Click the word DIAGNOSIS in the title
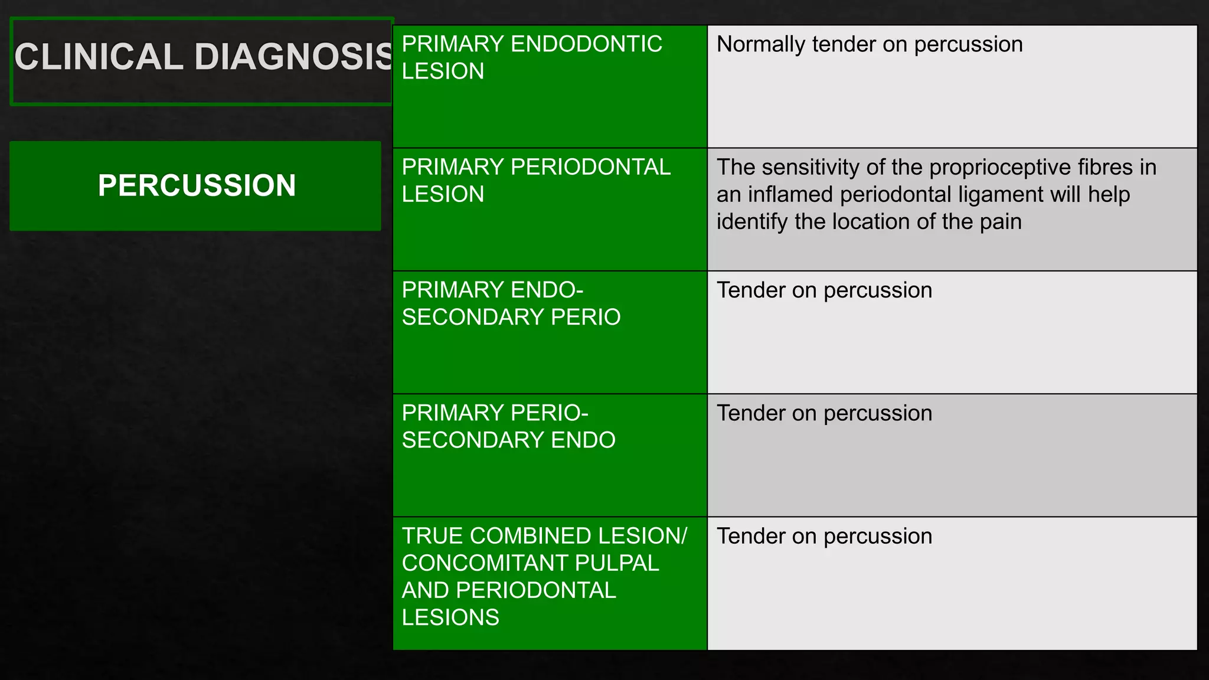293,57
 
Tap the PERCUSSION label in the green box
197,185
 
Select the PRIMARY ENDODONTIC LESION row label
531,57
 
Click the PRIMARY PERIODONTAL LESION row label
535,180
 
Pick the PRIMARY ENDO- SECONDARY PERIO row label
511,303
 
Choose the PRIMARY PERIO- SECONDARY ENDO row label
508,426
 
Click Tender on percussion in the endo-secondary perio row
824,290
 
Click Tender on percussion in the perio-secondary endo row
824,413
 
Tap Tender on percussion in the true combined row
824,537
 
